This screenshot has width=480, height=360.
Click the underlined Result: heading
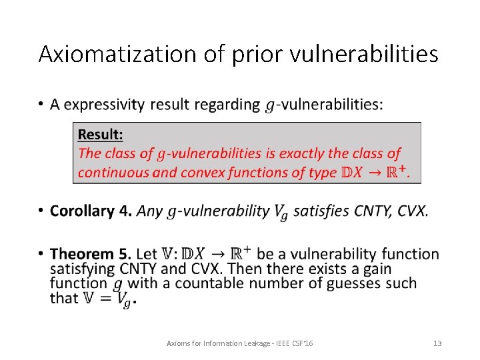click(x=101, y=135)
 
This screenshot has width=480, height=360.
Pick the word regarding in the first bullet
click(x=229, y=105)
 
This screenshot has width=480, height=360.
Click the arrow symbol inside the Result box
click(x=377, y=173)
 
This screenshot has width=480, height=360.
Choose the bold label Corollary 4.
click(x=91, y=211)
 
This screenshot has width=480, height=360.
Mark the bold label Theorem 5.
click(x=90, y=254)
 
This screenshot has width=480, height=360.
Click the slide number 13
click(x=437, y=343)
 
